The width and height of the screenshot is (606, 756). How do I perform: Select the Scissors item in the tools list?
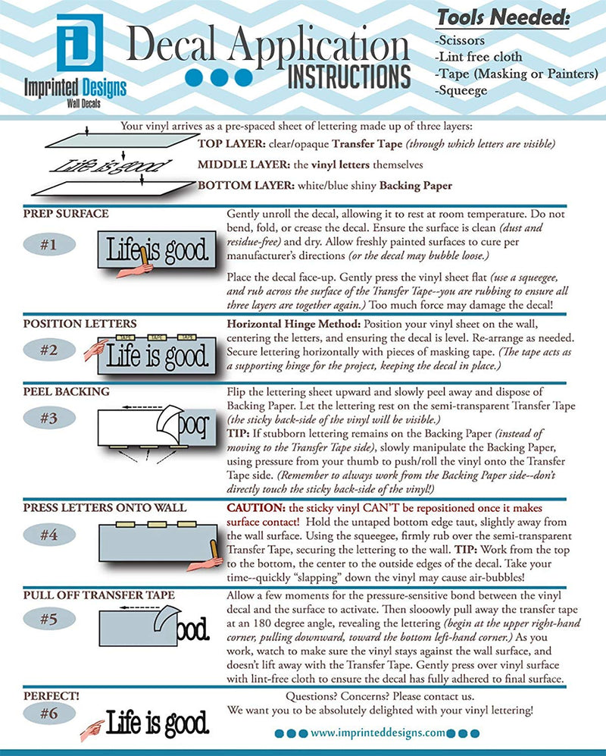tap(462, 39)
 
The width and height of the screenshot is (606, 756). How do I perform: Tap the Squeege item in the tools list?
tap(461, 91)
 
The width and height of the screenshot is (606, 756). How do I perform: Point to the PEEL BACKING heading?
tap(66, 392)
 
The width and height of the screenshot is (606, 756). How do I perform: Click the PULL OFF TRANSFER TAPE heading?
tap(98, 595)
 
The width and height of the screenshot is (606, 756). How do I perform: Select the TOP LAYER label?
tap(224, 145)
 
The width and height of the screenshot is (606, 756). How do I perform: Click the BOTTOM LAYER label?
tap(234, 185)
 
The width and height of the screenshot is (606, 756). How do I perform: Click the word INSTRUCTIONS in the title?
tap(349, 77)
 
